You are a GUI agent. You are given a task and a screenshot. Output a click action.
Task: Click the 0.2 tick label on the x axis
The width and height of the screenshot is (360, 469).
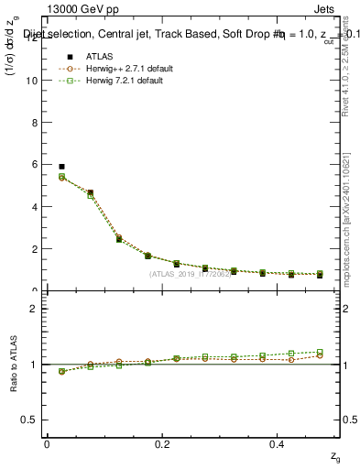point(162,443)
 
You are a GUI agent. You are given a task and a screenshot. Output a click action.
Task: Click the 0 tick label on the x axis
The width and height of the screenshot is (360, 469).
point(47,443)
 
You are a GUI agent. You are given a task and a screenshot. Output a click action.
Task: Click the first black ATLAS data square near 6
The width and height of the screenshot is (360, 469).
point(61,167)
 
